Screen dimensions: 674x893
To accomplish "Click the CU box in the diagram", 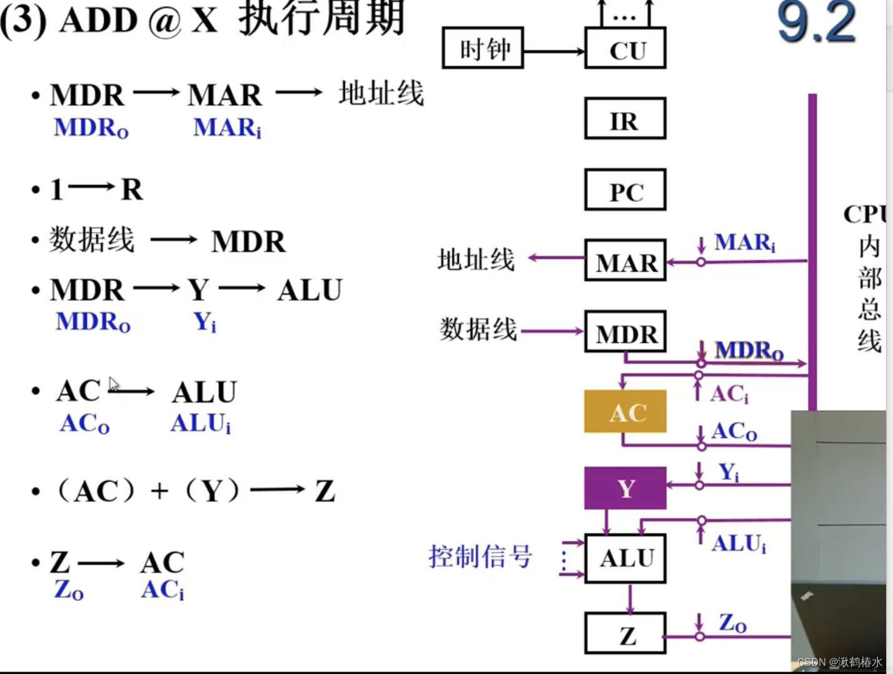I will [625, 48].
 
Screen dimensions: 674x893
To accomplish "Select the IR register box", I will [625, 118].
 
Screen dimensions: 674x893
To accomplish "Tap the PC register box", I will [625, 190].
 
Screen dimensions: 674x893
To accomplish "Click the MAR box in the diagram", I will [625, 261].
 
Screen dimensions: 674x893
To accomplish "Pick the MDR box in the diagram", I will [625, 332].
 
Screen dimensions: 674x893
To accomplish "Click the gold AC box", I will [625, 412].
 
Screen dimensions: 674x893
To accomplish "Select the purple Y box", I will [625, 488].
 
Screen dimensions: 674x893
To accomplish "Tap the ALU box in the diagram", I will [625, 558].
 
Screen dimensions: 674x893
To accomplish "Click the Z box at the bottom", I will [625, 634].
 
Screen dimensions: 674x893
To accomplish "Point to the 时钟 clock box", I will [483, 48].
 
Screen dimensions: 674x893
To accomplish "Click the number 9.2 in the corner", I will [816, 23].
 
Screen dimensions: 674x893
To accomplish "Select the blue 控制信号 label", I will [480, 556].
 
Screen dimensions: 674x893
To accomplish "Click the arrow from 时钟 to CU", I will [553, 51].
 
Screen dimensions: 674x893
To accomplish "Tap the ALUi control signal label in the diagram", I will [739, 543].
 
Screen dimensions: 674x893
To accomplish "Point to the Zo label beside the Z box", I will [732, 623].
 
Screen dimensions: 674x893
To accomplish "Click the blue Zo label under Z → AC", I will [68, 590].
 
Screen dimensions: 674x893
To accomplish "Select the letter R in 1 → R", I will [132, 189].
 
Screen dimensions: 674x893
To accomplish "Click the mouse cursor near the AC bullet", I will [113, 383].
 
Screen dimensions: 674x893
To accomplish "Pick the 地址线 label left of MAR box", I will [476, 259].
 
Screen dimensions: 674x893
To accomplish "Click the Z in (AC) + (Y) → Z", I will [325, 491].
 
